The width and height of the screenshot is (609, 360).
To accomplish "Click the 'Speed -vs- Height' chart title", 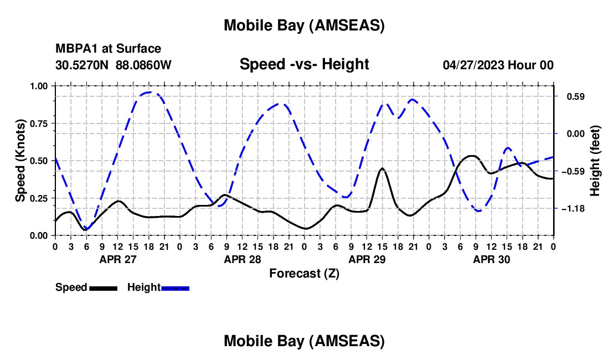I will click(x=304, y=64).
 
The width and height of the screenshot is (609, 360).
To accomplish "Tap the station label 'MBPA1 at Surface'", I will click(x=109, y=49).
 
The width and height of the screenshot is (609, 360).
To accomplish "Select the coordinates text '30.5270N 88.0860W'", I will click(x=113, y=65).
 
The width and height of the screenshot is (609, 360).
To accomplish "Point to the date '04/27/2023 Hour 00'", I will click(x=498, y=65).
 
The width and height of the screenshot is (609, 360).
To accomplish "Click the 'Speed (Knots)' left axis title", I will click(x=20, y=161).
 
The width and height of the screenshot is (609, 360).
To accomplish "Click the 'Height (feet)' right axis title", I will click(x=595, y=161).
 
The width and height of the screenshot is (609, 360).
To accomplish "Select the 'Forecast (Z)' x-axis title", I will click(x=304, y=273).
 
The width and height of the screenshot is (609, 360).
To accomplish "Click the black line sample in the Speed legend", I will click(x=103, y=288).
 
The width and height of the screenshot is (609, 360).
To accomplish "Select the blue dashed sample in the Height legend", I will click(x=176, y=288).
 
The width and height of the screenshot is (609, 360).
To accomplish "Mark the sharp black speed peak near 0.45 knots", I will click(x=382, y=168).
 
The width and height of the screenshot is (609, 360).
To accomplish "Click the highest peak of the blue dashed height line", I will click(x=151, y=92).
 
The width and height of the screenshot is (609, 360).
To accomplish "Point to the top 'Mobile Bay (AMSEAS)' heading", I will click(x=304, y=25).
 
